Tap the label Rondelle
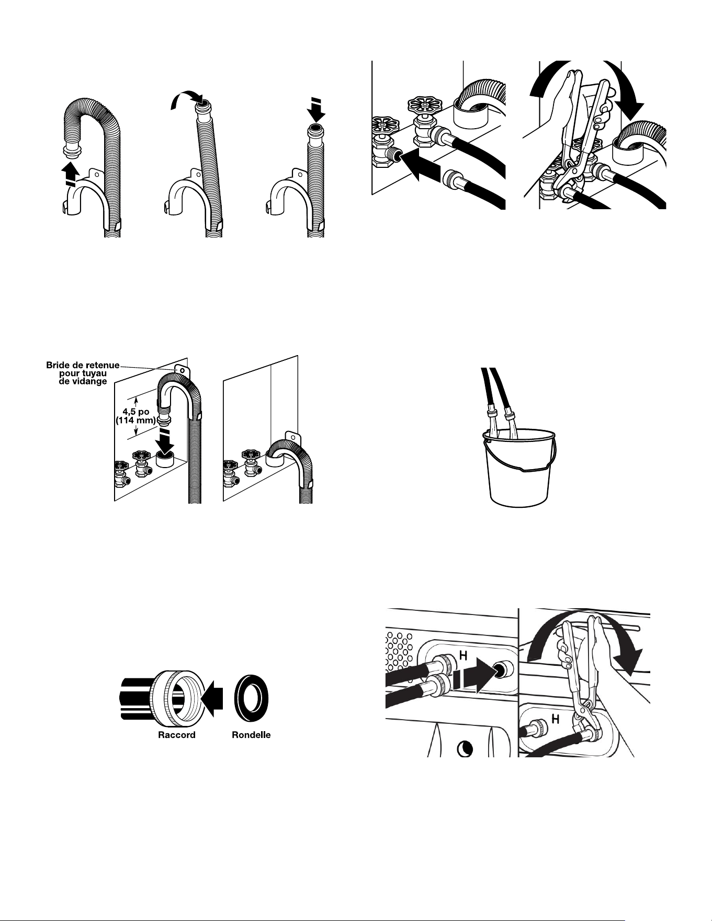[251, 735]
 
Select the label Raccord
[177, 735]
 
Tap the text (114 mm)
[136, 420]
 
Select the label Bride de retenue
[83, 365]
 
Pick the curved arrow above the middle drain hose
[186, 98]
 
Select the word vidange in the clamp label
[87, 381]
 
